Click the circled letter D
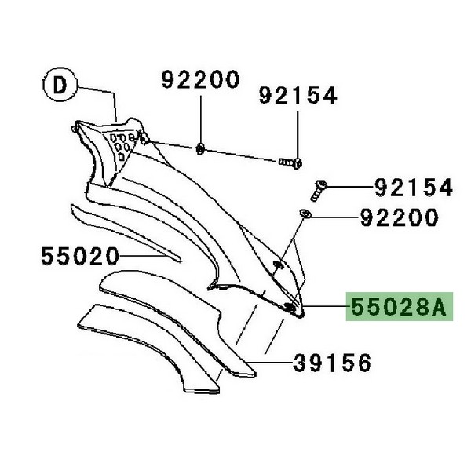[x=60, y=85]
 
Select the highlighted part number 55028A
[x=399, y=306]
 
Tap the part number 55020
[x=80, y=256]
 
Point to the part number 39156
[x=332, y=363]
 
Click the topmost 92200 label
[x=201, y=79]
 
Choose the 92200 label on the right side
[x=400, y=217]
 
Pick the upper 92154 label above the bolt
[x=298, y=96]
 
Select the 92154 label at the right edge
[x=414, y=187]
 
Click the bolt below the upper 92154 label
[x=290, y=163]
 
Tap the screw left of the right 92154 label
[x=318, y=191]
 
